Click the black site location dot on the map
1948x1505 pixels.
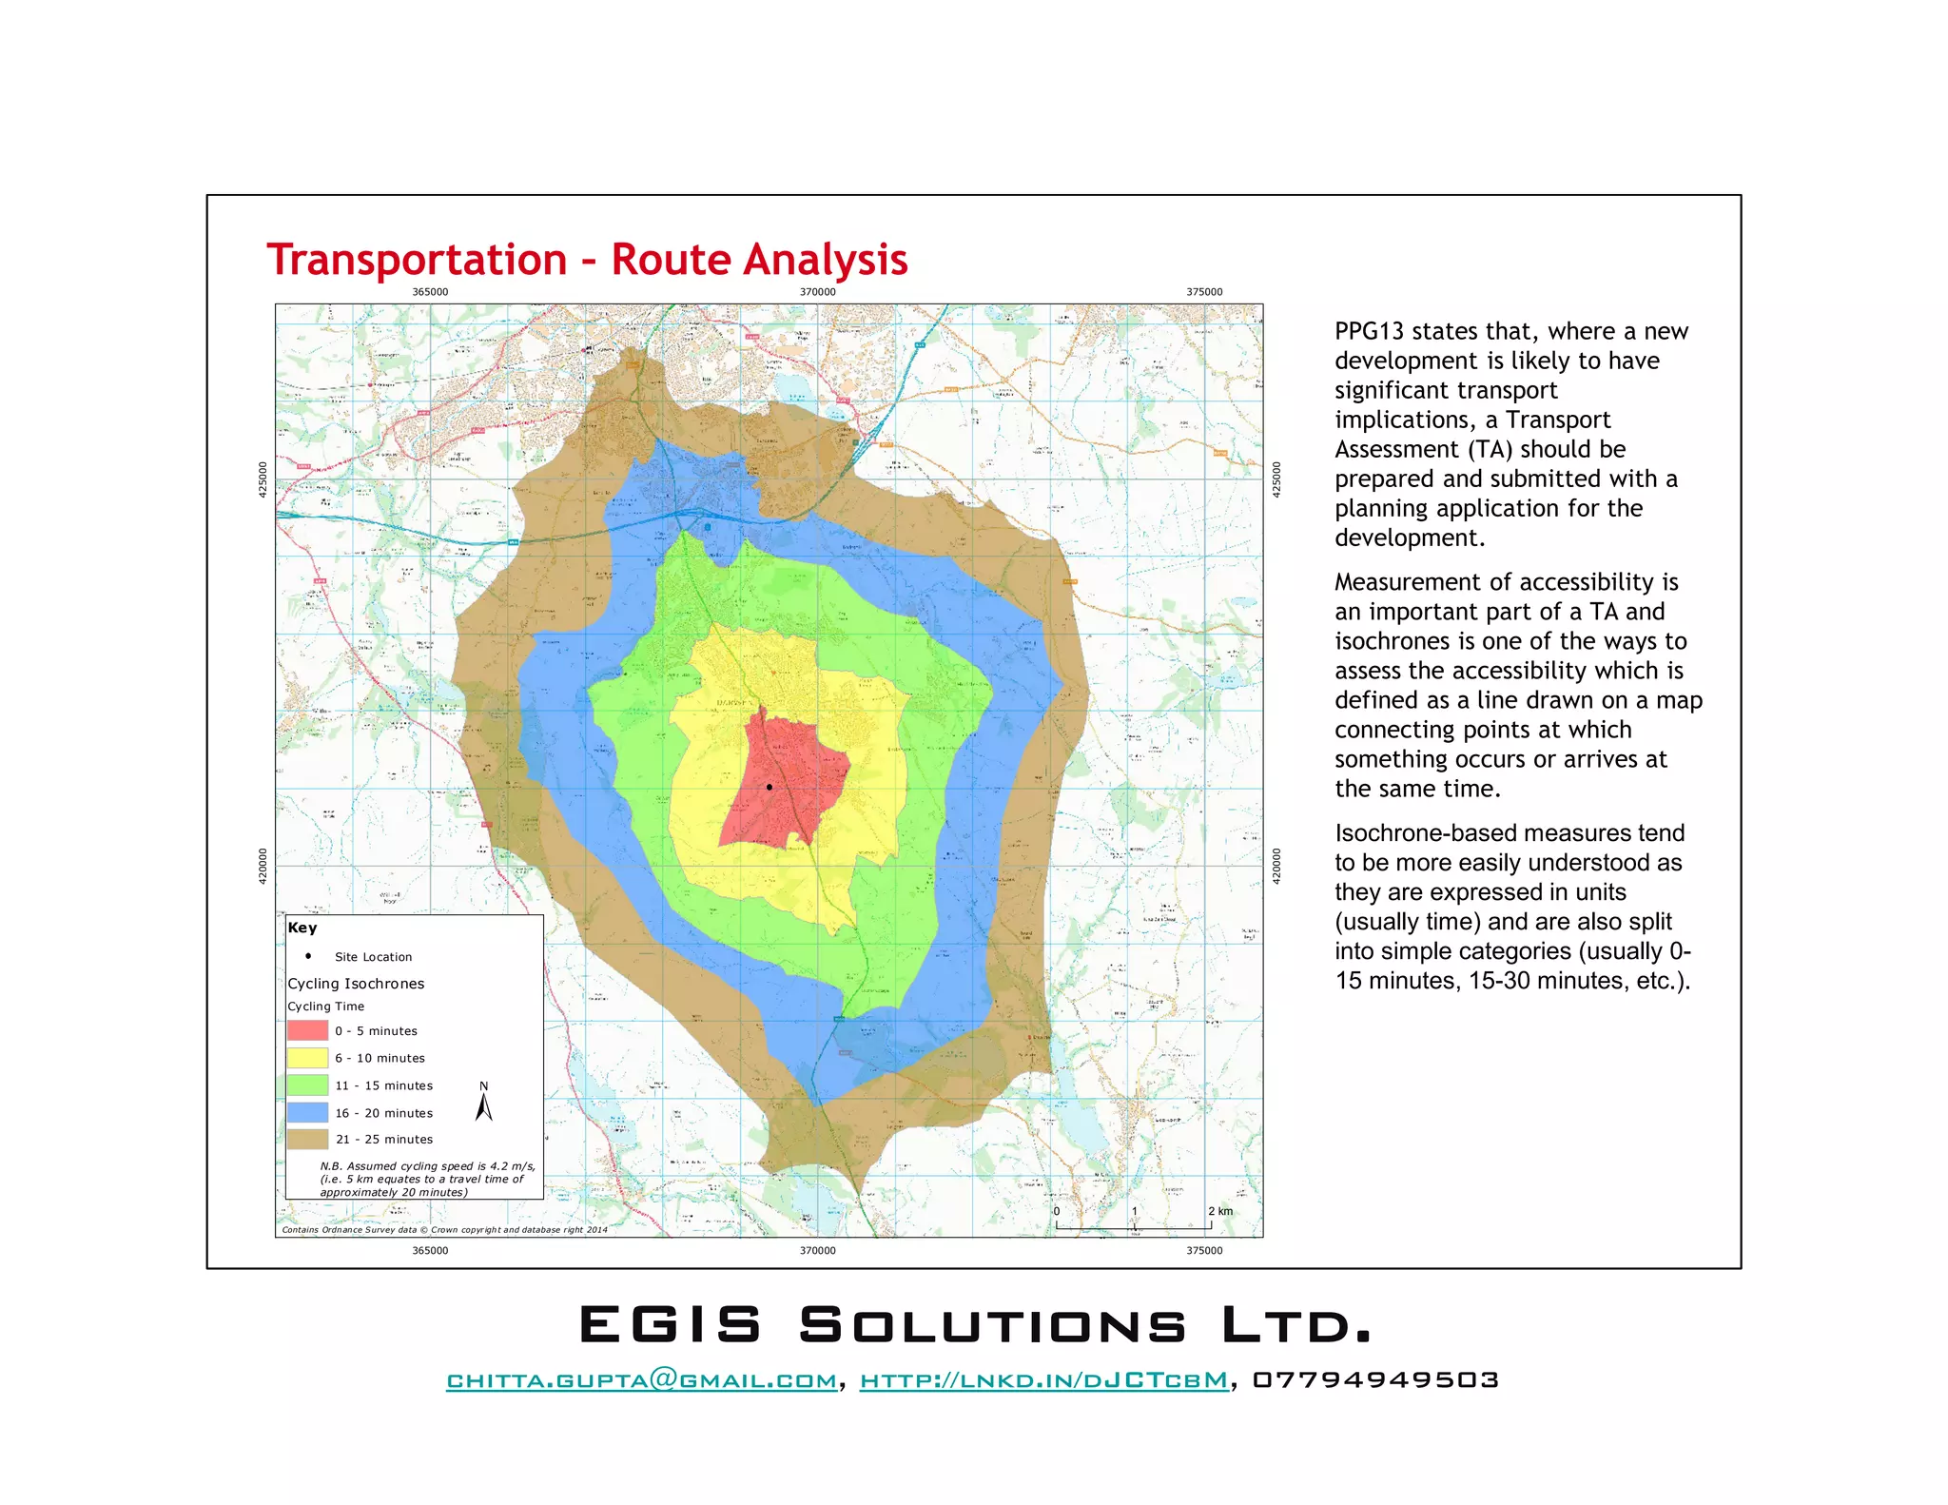(x=769, y=787)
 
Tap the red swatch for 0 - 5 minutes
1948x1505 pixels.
(x=307, y=1030)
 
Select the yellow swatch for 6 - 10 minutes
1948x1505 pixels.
(x=307, y=1058)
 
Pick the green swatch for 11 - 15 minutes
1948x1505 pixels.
(x=307, y=1085)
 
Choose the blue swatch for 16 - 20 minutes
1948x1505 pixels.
(x=307, y=1112)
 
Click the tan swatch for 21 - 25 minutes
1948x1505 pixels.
(x=307, y=1139)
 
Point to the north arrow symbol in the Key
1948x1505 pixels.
(x=484, y=1104)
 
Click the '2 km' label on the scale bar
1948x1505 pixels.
(x=1220, y=1211)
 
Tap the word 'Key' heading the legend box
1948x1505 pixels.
(x=302, y=928)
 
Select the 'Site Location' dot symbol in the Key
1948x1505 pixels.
(x=308, y=956)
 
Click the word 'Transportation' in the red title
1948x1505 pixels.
(x=417, y=260)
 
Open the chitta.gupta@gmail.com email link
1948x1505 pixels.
(x=642, y=1380)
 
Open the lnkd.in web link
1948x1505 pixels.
(x=1043, y=1380)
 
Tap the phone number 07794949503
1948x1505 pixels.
(x=1375, y=1380)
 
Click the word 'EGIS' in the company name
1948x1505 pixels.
(x=671, y=1325)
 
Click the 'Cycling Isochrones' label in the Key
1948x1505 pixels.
(x=356, y=984)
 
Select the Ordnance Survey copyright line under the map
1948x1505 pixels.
(x=444, y=1230)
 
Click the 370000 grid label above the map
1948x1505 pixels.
(x=817, y=292)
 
